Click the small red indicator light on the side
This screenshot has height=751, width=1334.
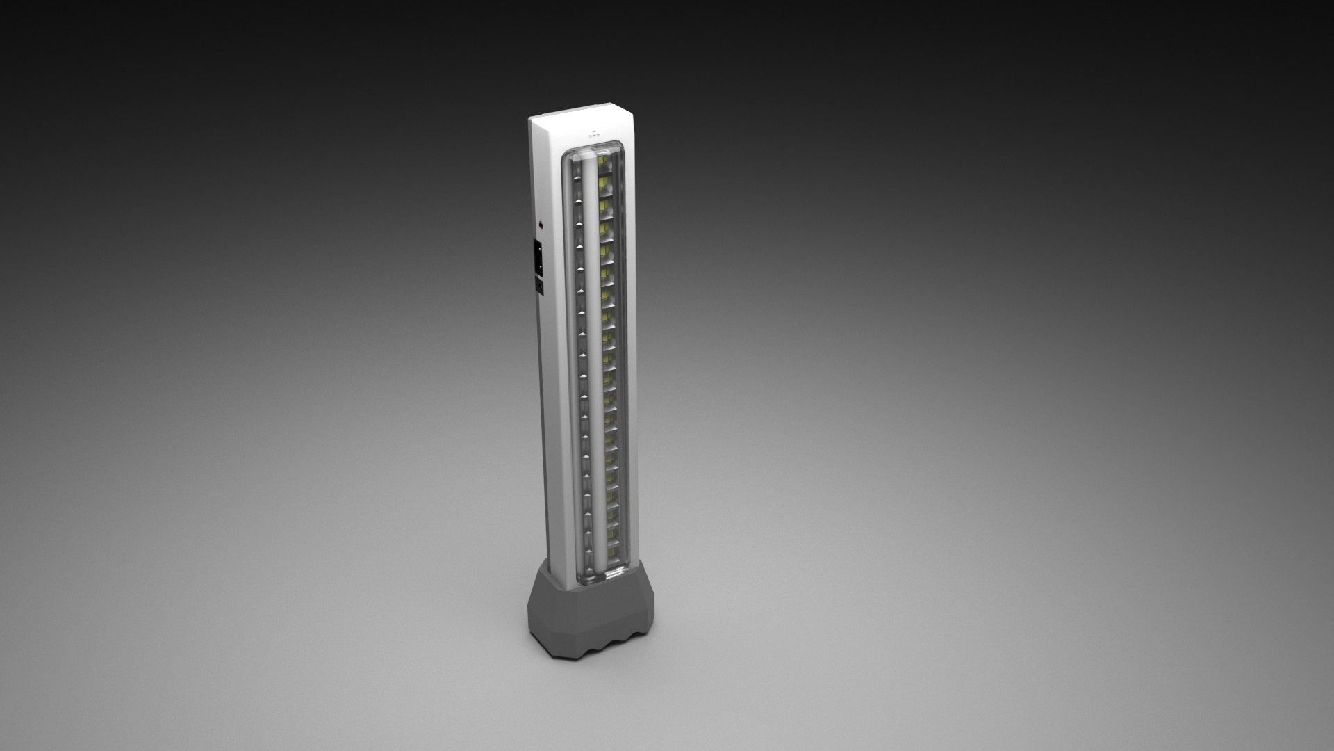(541, 225)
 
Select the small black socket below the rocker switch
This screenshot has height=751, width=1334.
(538, 285)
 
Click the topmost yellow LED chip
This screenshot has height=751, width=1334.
(602, 169)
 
